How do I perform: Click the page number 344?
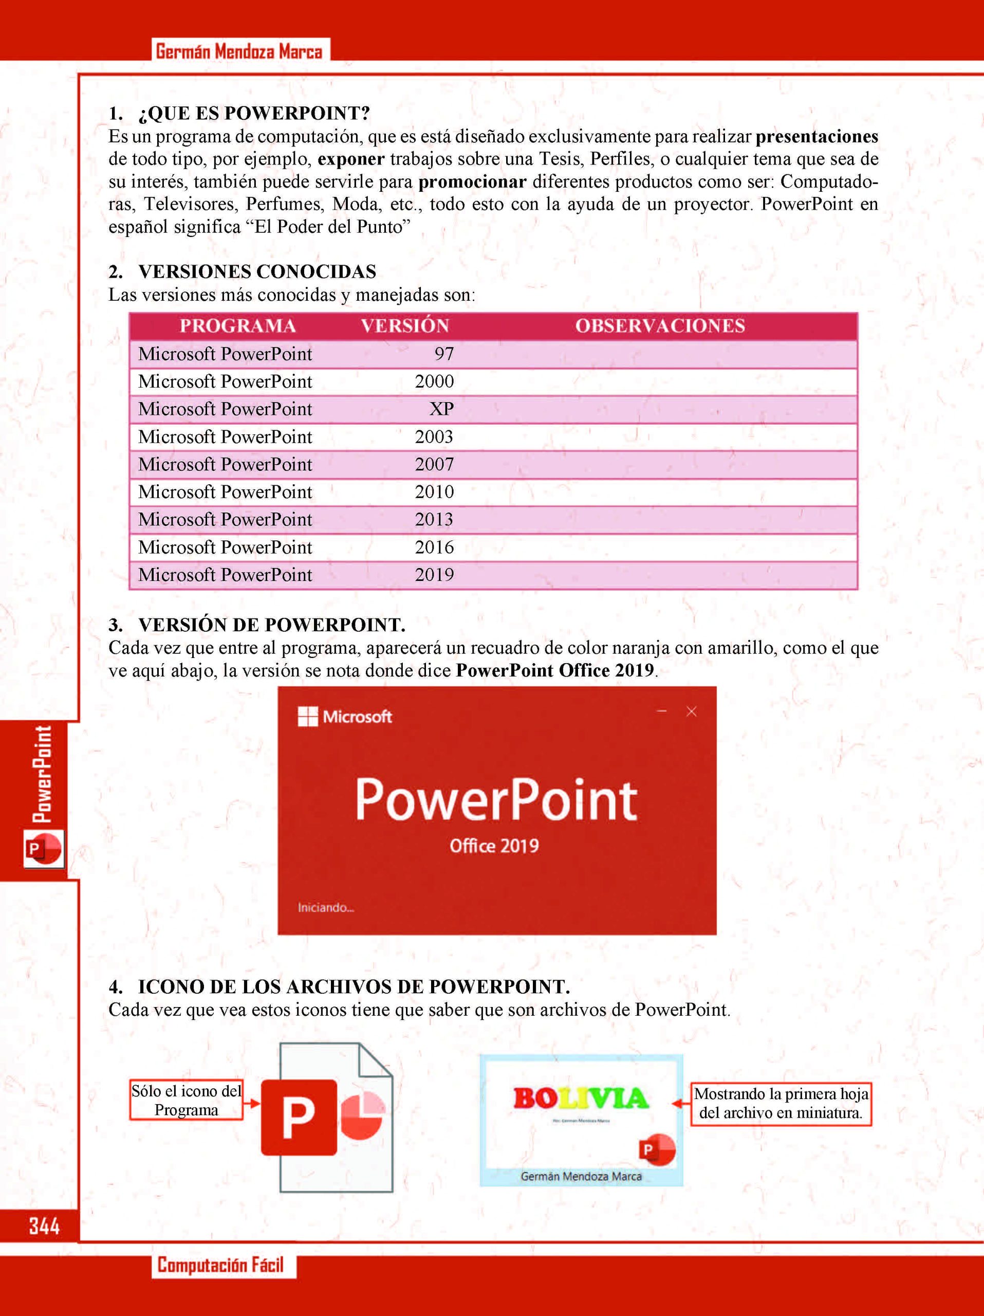(44, 1226)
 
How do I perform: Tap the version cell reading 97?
(444, 354)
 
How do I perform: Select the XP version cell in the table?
(441, 409)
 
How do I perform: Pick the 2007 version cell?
(434, 464)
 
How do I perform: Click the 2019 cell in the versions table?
(434, 575)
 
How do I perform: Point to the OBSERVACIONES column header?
(660, 326)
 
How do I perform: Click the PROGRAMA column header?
(238, 326)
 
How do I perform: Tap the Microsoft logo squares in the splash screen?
(307, 717)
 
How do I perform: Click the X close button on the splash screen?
(692, 711)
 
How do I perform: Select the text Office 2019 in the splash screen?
(494, 846)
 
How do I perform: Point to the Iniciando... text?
(326, 908)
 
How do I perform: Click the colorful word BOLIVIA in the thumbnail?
(581, 1098)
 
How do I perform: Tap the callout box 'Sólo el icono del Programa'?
(186, 1101)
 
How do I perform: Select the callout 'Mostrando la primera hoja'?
(781, 1104)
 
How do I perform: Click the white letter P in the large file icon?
(299, 1117)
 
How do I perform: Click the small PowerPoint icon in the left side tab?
(43, 849)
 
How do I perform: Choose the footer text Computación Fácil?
(220, 1265)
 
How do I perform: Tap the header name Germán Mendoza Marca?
(239, 52)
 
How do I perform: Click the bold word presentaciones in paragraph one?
(816, 137)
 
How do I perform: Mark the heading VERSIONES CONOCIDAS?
(257, 272)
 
